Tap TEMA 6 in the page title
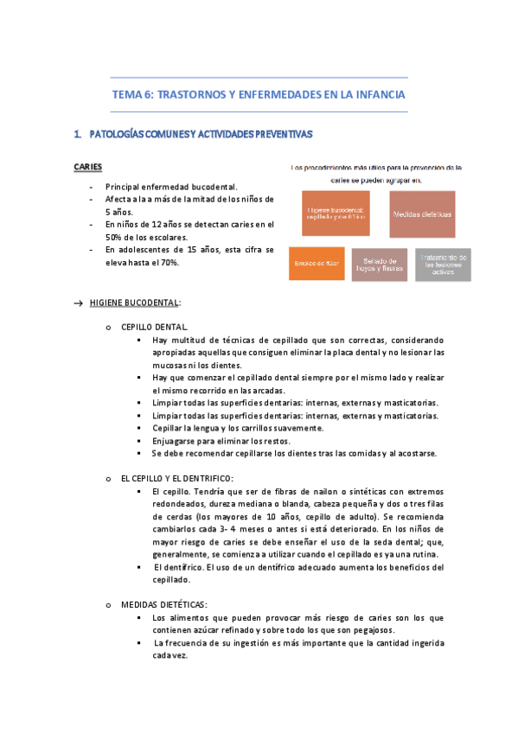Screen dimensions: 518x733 133,94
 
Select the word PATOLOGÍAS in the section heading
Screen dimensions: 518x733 113,134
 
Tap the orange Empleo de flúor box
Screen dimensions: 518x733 317,263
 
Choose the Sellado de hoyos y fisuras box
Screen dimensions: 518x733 381,263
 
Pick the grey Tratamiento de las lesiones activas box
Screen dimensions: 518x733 444,263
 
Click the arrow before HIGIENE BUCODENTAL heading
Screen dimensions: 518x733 79,303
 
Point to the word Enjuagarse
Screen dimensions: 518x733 176,440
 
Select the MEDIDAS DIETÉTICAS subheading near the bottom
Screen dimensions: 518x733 163,604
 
